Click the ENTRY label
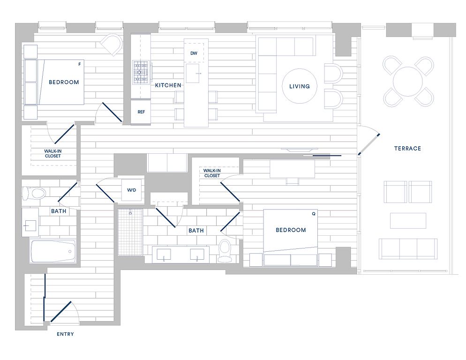click(65, 334)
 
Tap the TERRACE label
click(407, 148)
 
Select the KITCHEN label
click(168, 85)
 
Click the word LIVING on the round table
click(300, 86)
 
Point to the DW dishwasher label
click(194, 53)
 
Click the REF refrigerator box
click(141, 112)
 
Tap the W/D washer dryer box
click(131, 190)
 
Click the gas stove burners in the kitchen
click(140, 73)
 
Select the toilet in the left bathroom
click(34, 194)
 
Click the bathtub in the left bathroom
click(53, 251)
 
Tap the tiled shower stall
click(130, 232)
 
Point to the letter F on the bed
click(79, 64)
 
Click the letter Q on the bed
click(314, 214)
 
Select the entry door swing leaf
click(60, 312)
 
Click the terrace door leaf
click(369, 144)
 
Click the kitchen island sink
click(193, 73)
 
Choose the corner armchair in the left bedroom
click(112, 45)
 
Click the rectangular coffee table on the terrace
click(408, 221)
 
